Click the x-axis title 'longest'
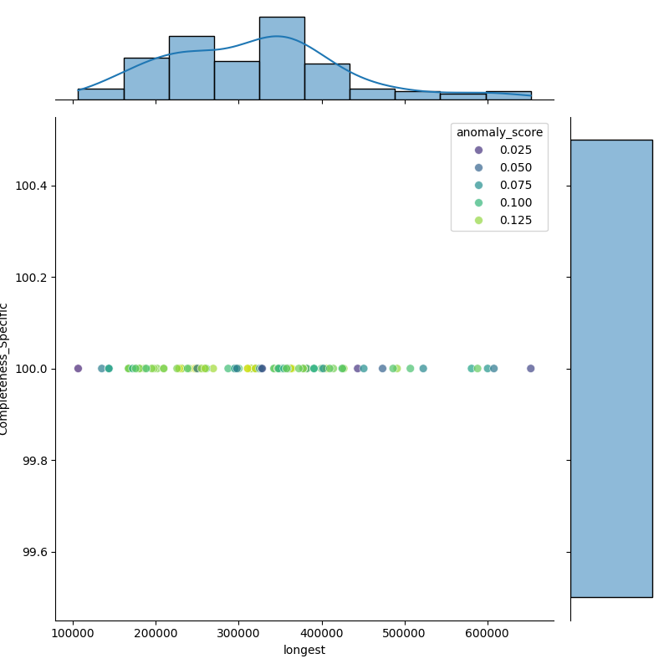[x=304, y=650]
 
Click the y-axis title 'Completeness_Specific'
[x=5, y=369]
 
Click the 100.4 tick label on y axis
[x=32, y=186]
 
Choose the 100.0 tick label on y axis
[x=32, y=369]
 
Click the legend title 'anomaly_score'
[x=499, y=132]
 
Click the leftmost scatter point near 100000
[x=78, y=368]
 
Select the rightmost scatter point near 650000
[x=530, y=368]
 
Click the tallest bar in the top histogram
[x=282, y=59]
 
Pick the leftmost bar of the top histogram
[x=100, y=94]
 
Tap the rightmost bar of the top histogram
[x=508, y=95]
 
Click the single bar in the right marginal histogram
[x=611, y=368]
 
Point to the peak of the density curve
[x=277, y=37]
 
